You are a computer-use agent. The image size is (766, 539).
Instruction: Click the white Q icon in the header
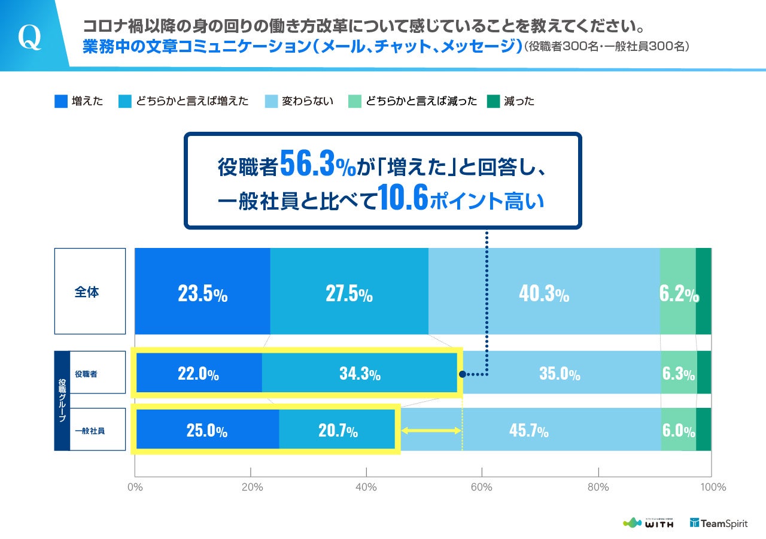point(29,37)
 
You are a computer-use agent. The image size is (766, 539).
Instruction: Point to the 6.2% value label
point(679,295)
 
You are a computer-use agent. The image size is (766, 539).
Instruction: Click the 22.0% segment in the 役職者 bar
point(198,374)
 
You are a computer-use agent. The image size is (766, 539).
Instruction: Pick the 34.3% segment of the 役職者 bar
point(360,374)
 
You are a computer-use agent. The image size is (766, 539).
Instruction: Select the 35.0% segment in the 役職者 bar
point(560,374)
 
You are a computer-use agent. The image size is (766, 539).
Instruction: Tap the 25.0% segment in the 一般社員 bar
point(206,430)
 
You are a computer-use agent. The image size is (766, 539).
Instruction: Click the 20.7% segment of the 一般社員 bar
point(336,430)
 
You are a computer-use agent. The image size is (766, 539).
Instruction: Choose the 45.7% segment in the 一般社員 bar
point(529,430)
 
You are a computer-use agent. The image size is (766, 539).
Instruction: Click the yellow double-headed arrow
point(430,430)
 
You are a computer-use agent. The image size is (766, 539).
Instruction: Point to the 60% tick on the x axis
point(482,487)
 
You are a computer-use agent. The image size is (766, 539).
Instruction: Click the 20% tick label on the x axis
point(251,487)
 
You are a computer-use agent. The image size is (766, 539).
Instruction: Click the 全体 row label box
point(90,292)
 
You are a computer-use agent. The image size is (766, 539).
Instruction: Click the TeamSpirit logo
point(719,523)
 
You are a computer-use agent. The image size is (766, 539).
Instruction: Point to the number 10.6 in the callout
point(403,200)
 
